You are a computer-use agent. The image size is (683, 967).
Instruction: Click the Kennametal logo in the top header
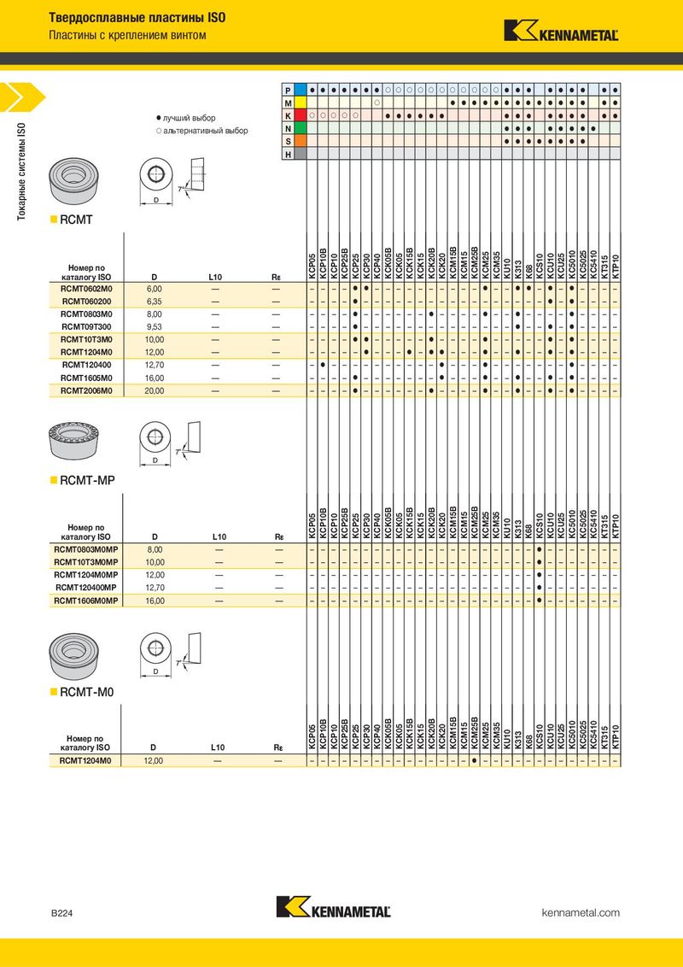click(x=561, y=31)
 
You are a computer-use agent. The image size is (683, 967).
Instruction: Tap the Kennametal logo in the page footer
click(x=334, y=906)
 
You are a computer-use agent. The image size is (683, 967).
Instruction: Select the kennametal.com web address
click(x=581, y=912)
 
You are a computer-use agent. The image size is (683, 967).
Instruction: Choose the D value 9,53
click(x=155, y=327)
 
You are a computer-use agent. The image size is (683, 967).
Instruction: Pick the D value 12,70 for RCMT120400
click(x=155, y=365)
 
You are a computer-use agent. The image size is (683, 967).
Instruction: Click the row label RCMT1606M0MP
click(x=85, y=601)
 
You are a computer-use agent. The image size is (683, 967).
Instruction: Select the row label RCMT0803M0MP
click(x=85, y=549)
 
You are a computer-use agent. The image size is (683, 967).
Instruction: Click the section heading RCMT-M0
click(x=87, y=693)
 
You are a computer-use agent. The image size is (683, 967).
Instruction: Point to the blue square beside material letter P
click(x=301, y=90)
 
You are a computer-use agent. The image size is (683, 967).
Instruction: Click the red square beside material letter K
click(x=301, y=115)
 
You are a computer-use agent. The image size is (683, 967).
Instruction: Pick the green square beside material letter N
click(x=301, y=128)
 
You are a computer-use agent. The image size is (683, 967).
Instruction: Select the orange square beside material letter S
click(x=301, y=141)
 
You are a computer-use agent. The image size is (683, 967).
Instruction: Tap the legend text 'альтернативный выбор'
click(x=206, y=131)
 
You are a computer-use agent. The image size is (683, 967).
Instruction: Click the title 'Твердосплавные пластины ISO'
click(x=137, y=18)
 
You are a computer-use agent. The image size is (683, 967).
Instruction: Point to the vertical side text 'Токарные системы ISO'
click(x=21, y=172)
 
